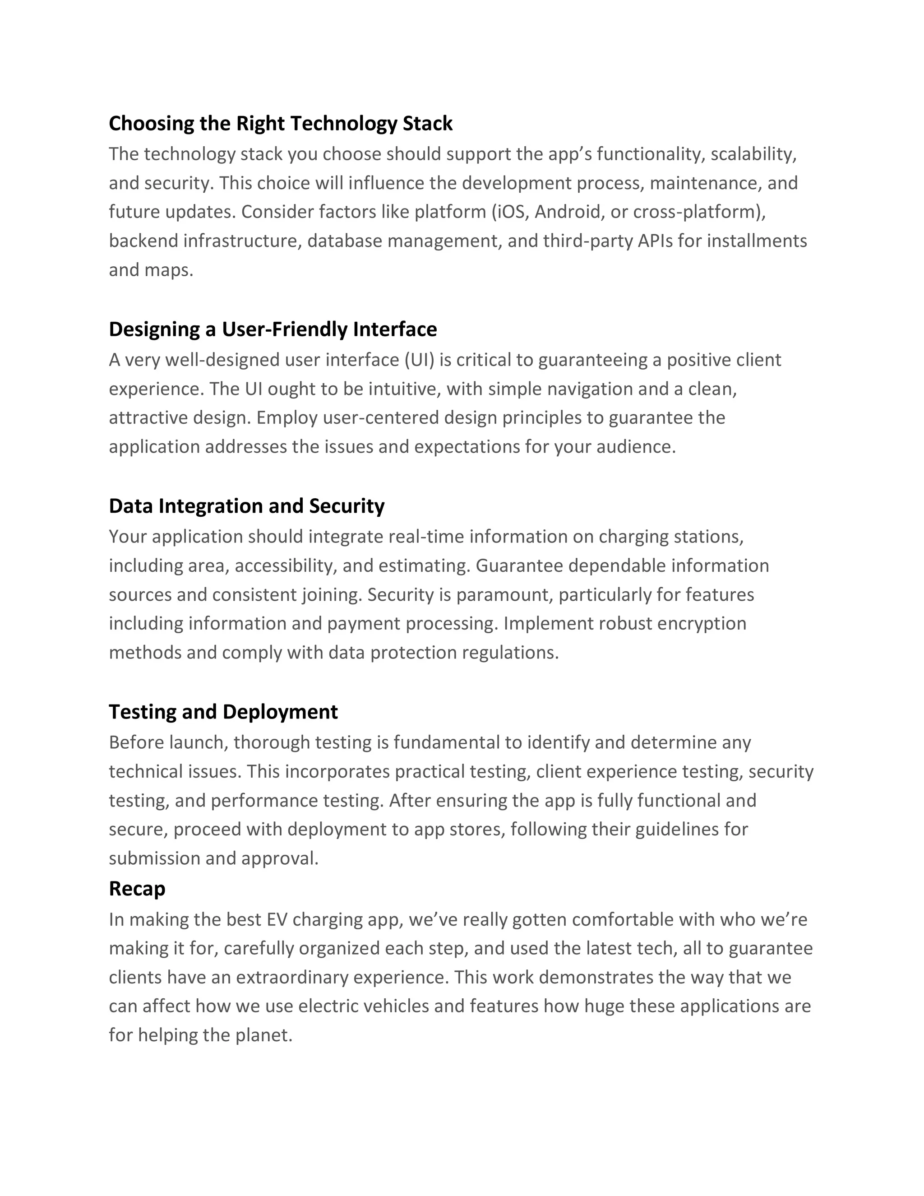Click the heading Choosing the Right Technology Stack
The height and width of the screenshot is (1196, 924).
[280, 124]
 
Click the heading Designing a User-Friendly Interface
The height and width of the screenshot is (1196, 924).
[273, 329]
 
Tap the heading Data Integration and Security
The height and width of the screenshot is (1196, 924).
[246, 506]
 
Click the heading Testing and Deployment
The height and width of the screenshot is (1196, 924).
[223, 712]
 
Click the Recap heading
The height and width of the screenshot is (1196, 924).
[137, 889]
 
